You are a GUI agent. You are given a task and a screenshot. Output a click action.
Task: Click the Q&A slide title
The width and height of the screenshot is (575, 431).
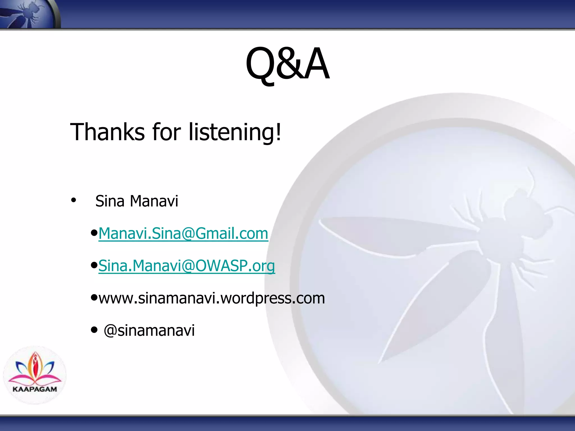click(x=287, y=64)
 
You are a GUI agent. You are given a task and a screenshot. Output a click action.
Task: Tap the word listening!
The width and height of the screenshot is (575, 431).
click(x=235, y=132)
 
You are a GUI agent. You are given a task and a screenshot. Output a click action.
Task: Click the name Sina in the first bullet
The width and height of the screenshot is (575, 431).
click(x=110, y=201)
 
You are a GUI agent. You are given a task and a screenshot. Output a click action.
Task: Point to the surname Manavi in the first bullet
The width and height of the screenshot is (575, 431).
click(x=154, y=201)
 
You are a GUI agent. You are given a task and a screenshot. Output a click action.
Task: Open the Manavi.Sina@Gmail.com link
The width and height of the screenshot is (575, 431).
click(x=183, y=233)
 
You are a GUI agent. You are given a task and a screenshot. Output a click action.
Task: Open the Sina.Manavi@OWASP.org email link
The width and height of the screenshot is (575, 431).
click(x=187, y=266)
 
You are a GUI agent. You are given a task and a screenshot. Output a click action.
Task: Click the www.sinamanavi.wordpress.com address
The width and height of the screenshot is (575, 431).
click(x=212, y=298)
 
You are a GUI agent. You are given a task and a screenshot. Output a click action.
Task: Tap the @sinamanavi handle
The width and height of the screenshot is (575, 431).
click(x=149, y=330)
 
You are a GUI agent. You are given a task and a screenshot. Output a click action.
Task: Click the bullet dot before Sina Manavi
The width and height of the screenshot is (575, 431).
click(x=74, y=200)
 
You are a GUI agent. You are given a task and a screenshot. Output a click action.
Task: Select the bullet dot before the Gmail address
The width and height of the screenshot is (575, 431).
click(x=94, y=233)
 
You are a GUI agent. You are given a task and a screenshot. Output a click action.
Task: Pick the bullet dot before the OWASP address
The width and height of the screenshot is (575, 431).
click(x=94, y=265)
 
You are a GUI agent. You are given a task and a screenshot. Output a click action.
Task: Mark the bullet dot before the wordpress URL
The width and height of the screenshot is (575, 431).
click(x=94, y=297)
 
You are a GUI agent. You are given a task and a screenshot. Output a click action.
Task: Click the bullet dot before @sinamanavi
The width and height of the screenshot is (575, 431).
click(x=94, y=330)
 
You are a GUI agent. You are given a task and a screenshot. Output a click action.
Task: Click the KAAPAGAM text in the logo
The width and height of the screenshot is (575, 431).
click(x=35, y=389)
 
